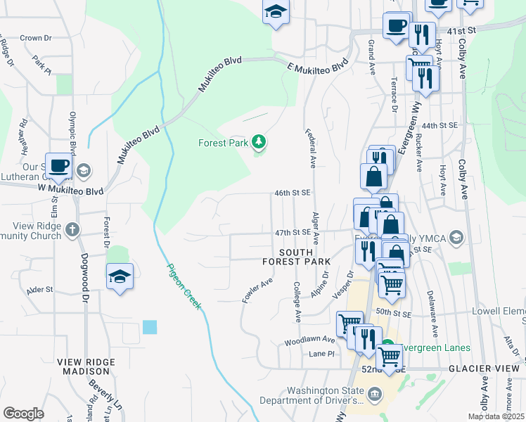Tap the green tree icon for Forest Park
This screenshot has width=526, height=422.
click(259, 143)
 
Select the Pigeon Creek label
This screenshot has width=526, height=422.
click(184, 286)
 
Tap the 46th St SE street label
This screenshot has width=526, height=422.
click(292, 193)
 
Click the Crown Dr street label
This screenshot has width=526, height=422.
click(36, 38)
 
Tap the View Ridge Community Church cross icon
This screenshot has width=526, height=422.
click(72, 230)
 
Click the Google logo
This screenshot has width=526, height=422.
click(23, 414)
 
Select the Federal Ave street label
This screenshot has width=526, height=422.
click(310, 148)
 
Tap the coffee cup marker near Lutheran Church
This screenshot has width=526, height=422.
click(59, 167)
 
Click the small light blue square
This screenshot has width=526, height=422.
click(150, 327)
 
